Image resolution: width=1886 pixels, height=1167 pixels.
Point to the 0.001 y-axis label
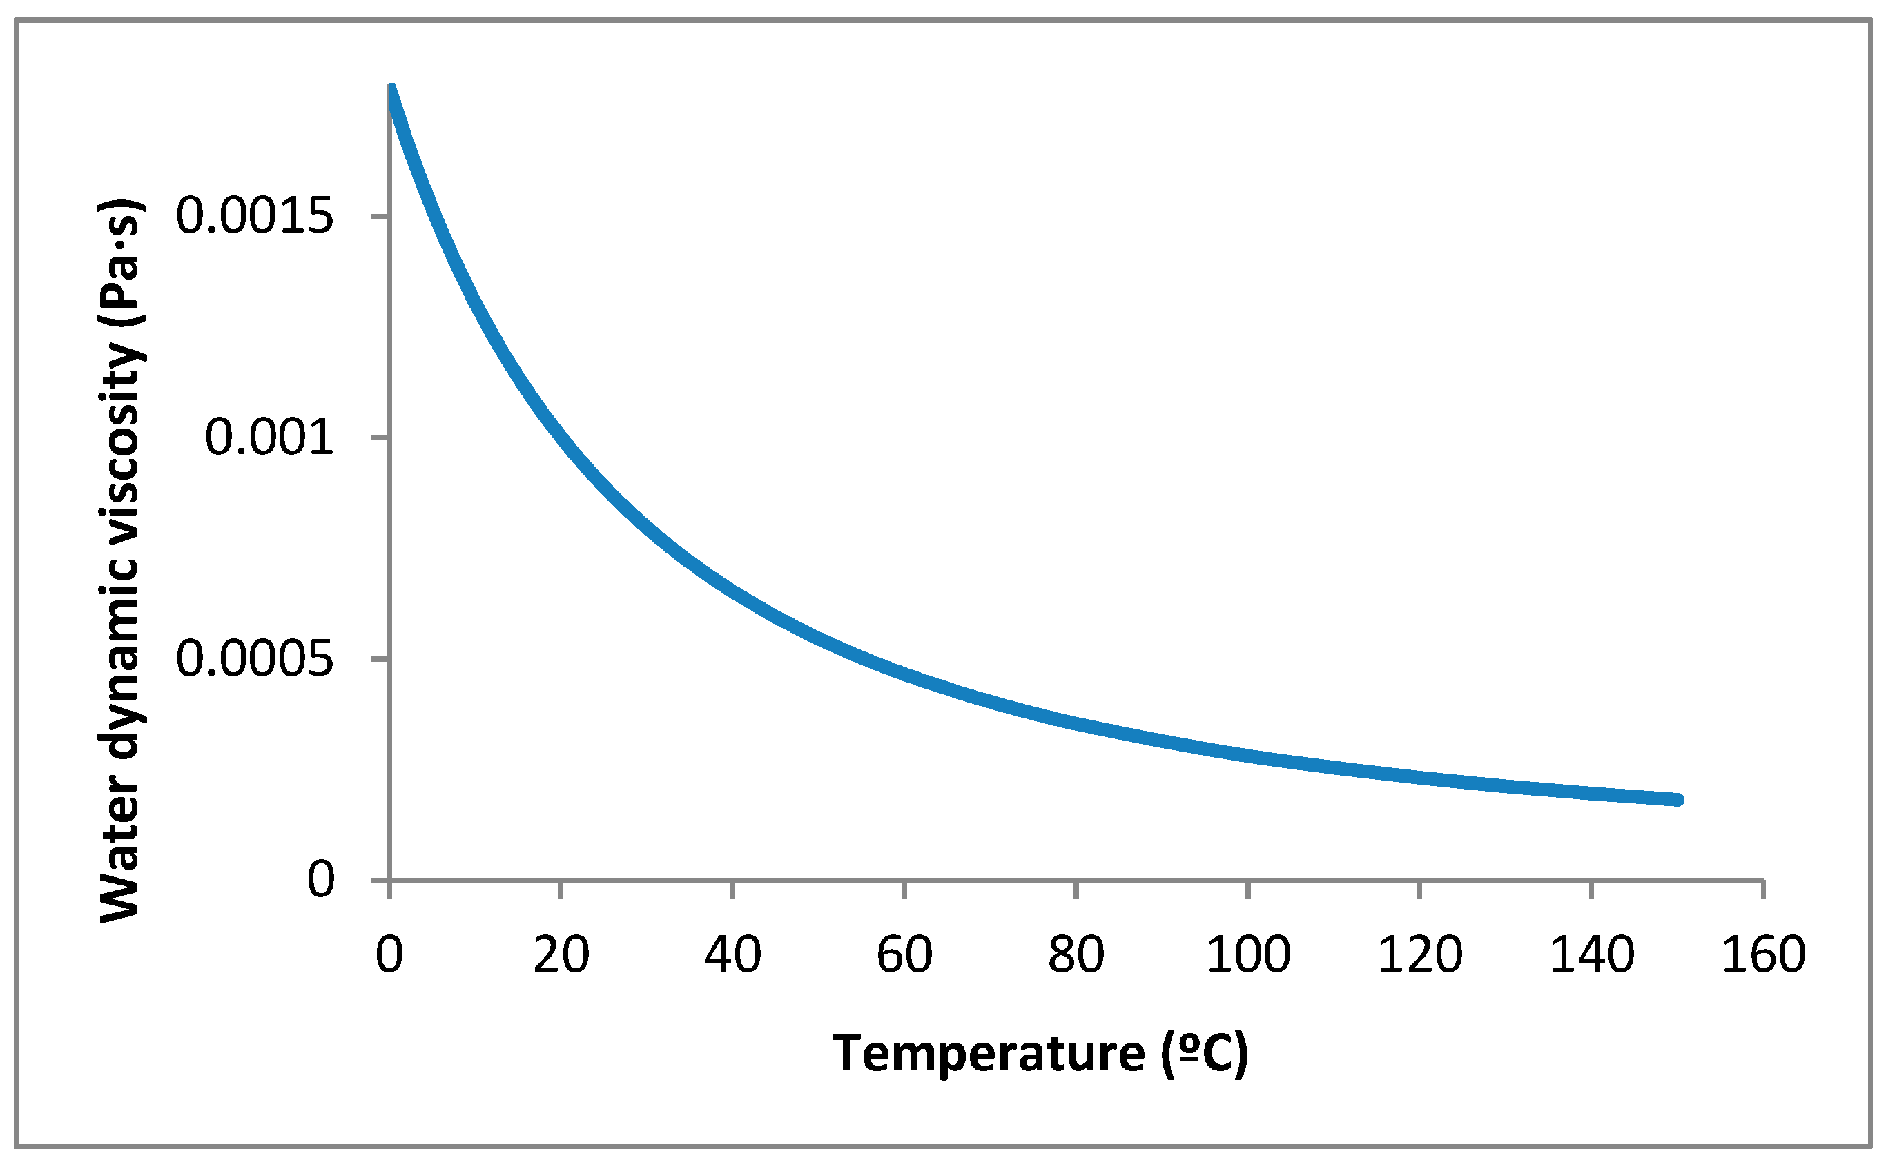point(269,438)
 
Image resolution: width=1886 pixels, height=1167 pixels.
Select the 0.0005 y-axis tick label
point(254,659)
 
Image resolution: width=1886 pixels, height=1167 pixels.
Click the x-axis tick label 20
point(561,954)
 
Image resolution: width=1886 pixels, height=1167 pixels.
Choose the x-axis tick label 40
point(732,954)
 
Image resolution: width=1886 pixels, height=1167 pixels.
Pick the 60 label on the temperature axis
point(904,954)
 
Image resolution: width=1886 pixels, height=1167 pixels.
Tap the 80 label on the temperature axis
point(1076,954)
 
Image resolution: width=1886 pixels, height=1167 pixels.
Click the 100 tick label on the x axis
point(1248,954)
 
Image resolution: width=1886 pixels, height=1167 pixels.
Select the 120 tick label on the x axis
point(1421,954)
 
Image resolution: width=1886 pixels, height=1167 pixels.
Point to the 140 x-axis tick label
point(1592,954)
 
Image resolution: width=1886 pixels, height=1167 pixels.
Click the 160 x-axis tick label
point(1764,954)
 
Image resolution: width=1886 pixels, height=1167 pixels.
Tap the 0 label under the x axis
point(389,954)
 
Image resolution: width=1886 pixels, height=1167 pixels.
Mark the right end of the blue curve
point(1677,800)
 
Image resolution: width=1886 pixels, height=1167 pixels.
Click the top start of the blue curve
point(391,87)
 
